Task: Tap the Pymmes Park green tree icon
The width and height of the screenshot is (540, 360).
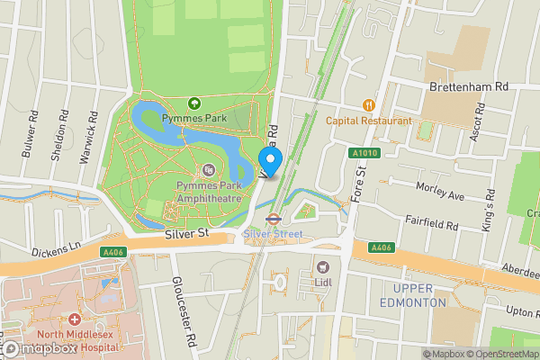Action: (193, 104)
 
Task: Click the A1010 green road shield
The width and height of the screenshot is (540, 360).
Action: (362, 154)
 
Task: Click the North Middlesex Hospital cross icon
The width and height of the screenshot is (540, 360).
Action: (73, 320)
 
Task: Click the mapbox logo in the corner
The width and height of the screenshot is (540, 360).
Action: (38, 347)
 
